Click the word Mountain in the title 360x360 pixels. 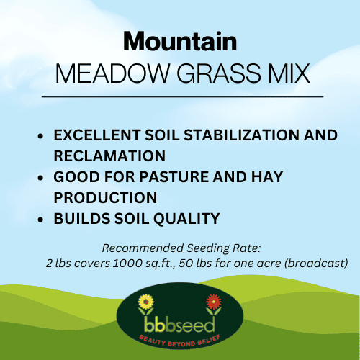(180, 40)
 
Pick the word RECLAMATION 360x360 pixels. (110, 156)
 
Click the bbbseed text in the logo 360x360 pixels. (180, 320)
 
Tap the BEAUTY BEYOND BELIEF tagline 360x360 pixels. (180, 336)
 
